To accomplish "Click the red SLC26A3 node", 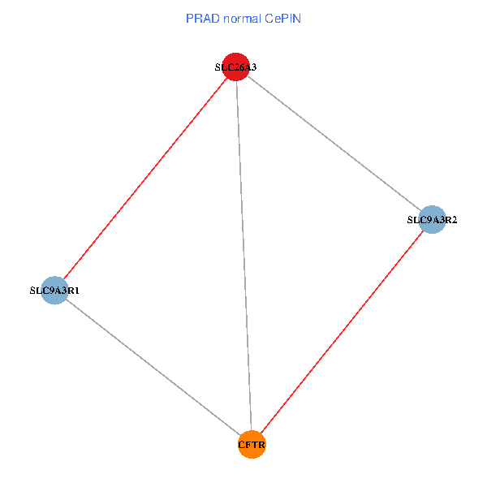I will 235,67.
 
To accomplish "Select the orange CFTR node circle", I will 252,444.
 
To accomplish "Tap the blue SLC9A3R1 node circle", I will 54,290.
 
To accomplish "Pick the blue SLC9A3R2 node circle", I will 432,219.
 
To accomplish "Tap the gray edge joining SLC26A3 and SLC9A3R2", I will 334,143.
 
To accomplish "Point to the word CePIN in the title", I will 282,19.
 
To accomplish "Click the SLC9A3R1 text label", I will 54,290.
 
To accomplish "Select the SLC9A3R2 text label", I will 432,219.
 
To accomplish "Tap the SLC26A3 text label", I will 235,67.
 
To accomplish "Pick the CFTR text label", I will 252,445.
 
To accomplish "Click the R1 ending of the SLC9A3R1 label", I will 74,290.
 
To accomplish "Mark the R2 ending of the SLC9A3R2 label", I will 451,219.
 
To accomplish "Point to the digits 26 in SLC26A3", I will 236,67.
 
